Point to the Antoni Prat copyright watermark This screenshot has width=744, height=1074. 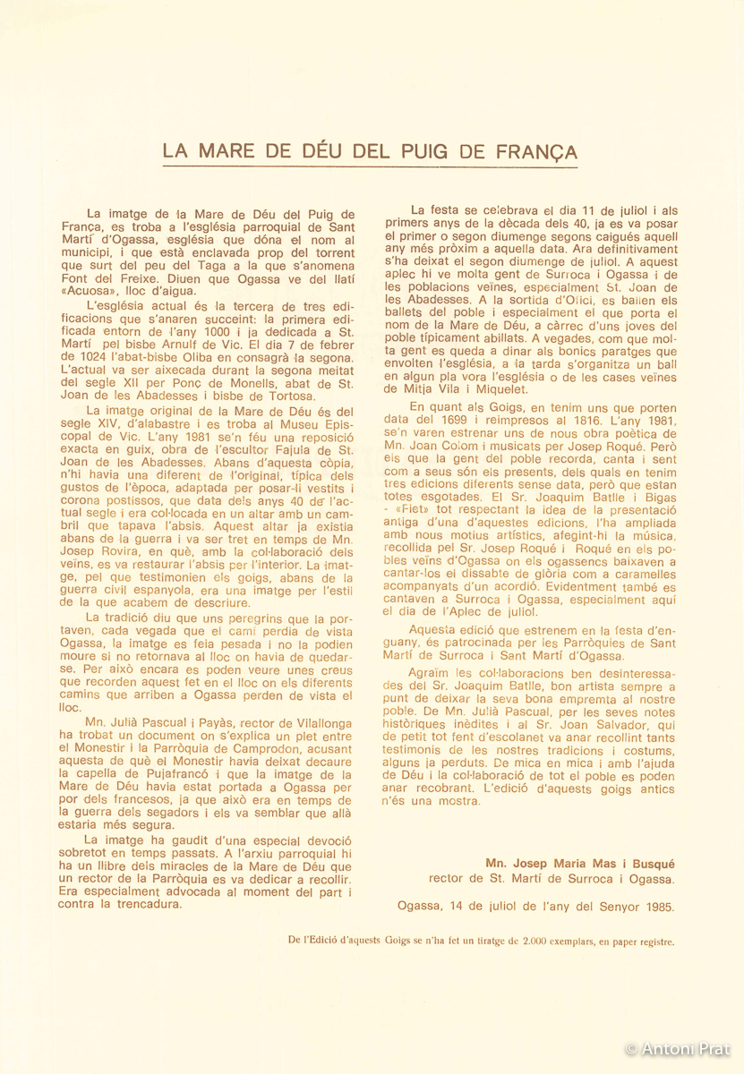[x=677, y=1048]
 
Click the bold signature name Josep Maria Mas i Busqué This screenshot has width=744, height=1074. [x=580, y=865]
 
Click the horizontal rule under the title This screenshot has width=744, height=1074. [x=370, y=167]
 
